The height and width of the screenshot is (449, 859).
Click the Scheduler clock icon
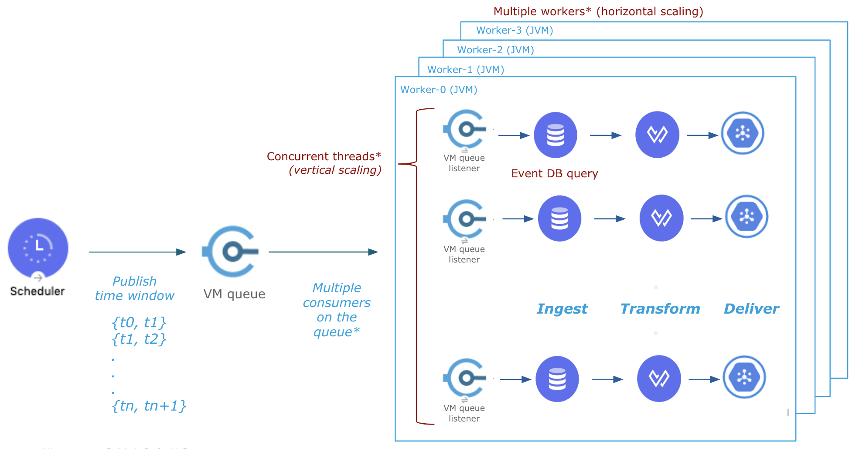pos(38,248)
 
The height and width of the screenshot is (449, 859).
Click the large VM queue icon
pos(232,251)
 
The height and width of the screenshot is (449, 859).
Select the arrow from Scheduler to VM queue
pos(137,252)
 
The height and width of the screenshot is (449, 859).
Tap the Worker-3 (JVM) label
pos(515,30)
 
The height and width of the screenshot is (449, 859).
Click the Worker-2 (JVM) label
pos(495,50)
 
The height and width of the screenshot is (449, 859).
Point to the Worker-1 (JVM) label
pos(465,69)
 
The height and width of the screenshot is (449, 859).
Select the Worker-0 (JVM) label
pos(439,90)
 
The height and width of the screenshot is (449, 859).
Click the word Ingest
pos(562,309)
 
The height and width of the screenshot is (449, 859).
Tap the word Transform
pos(660,309)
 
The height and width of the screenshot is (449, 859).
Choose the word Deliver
pos(751,309)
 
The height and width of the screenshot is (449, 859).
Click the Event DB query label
pos(554,173)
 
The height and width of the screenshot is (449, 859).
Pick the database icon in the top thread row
pos(556,135)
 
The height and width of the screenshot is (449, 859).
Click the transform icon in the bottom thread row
pos(659,379)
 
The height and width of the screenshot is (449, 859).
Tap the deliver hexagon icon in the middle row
pos(747,217)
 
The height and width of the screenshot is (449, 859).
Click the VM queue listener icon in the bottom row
pos(465,378)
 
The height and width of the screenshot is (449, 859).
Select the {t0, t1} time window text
pos(139,322)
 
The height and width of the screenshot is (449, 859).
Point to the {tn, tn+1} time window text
pos(149,406)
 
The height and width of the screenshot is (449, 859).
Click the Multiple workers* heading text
pos(598,11)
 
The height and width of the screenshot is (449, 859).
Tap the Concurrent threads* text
pos(324,156)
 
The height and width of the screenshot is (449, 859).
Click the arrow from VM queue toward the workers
pos(323,252)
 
